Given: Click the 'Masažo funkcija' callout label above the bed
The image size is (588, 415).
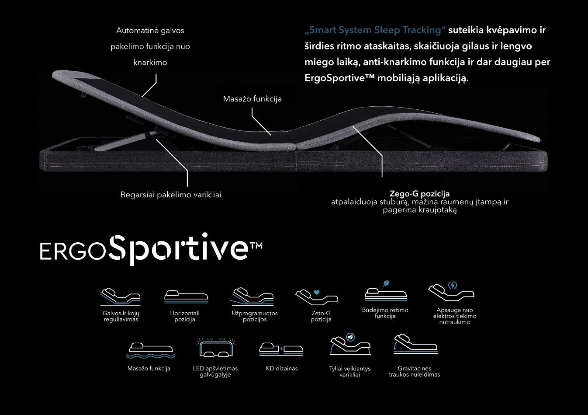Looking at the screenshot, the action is click(x=252, y=99).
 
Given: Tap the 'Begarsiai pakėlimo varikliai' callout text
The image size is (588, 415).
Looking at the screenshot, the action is click(x=171, y=195).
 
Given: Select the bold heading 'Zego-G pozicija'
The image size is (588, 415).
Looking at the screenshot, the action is click(x=419, y=194).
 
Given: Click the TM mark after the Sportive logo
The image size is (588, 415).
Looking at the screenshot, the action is click(x=256, y=245).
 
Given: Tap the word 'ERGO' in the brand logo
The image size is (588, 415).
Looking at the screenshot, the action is click(x=73, y=251).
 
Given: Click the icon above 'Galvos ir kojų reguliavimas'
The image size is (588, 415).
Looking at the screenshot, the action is click(x=121, y=297).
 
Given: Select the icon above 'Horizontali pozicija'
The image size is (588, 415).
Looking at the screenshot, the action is click(x=186, y=297).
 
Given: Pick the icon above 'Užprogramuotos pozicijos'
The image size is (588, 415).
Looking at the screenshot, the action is click(x=252, y=297).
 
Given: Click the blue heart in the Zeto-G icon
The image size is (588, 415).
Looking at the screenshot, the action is click(x=317, y=292).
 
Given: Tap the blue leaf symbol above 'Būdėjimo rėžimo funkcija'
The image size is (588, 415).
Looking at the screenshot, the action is click(x=386, y=283).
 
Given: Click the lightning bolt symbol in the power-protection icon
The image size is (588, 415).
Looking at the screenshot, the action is click(x=453, y=285).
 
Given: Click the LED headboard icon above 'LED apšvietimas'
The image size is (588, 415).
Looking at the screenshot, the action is click(x=216, y=347).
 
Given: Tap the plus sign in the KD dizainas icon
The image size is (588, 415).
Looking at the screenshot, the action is click(x=281, y=349).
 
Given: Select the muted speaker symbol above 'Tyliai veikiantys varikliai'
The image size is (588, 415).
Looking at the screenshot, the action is click(x=350, y=337).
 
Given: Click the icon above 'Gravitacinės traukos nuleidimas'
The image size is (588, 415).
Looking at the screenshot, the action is click(x=416, y=344).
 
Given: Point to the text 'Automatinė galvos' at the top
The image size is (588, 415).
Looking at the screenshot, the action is click(x=150, y=31).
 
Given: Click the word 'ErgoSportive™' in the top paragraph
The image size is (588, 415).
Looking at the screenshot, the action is click(x=339, y=78).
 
